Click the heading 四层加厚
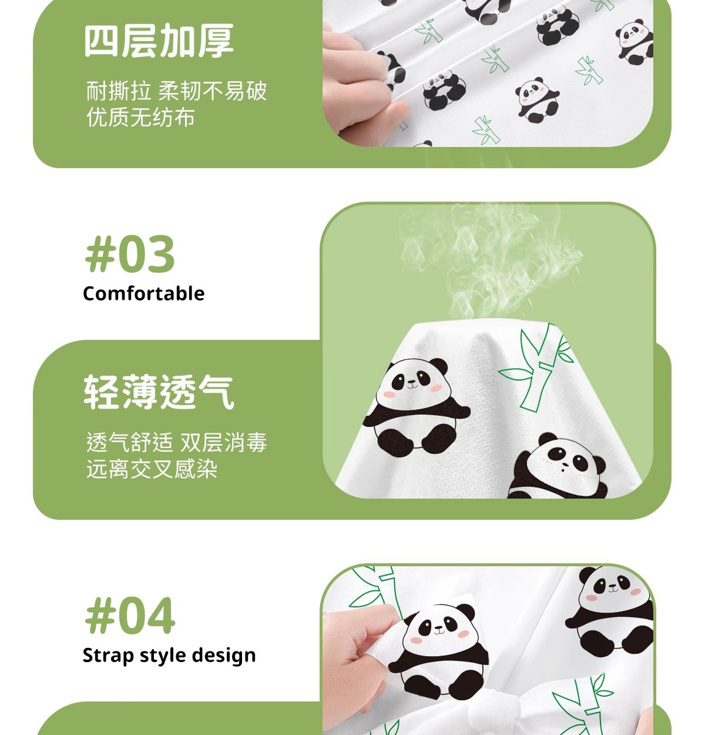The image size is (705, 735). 159,41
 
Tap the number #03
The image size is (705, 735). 130,253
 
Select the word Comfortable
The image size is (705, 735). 143,293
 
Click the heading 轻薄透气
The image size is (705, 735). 159,392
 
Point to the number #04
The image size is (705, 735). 130,616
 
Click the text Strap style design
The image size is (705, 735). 169,655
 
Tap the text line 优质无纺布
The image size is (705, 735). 141,117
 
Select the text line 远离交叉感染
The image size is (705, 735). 152,469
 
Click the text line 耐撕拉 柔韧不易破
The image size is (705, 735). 177,91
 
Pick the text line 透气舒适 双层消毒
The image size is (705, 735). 177,442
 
